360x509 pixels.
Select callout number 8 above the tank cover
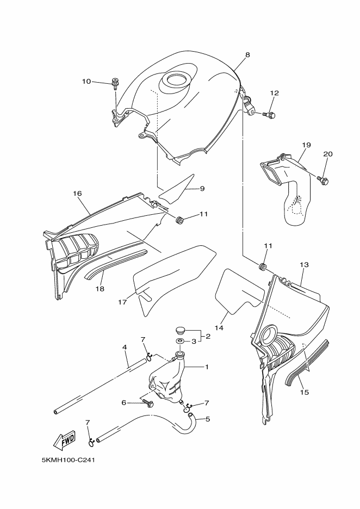[247, 55]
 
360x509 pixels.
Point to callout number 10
[86, 82]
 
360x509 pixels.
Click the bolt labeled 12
[271, 115]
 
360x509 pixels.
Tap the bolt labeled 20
[324, 180]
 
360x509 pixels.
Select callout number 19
[306, 145]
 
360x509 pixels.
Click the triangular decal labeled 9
[178, 188]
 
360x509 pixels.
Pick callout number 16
[77, 193]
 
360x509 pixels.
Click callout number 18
[100, 289]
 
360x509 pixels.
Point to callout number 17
[123, 301]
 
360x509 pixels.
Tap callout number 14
[219, 328]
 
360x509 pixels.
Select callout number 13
[304, 265]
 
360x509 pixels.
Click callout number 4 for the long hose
[125, 347]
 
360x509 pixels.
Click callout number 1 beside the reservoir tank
[207, 367]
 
